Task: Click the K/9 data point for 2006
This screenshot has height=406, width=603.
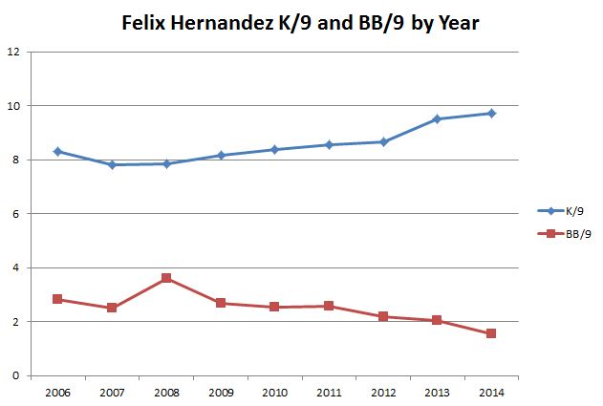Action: coord(57,151)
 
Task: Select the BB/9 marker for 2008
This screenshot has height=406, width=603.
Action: coord(166,278)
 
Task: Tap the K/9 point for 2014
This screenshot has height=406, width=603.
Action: coord(491,113)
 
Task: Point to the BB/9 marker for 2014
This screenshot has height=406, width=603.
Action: coord(491,333)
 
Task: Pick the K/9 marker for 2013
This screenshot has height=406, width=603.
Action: coord(437,118)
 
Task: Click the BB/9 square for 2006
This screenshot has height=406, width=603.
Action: coord(57,299)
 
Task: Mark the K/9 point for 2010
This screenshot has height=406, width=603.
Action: coord(274,149)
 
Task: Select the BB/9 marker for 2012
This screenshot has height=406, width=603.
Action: coord(382,316)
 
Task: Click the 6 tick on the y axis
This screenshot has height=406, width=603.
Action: coord(15,214)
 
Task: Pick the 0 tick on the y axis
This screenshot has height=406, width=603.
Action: coord(15,375)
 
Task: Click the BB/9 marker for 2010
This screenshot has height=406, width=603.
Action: coord(274,307)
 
